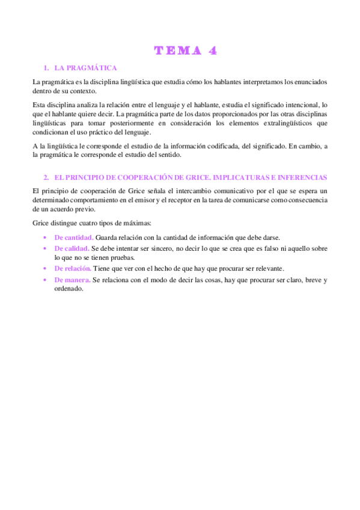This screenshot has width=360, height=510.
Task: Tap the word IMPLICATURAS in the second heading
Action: tap(248, 178)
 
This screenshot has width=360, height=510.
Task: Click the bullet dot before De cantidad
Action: tap(46, 237)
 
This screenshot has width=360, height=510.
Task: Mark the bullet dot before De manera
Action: tap(46, 280)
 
